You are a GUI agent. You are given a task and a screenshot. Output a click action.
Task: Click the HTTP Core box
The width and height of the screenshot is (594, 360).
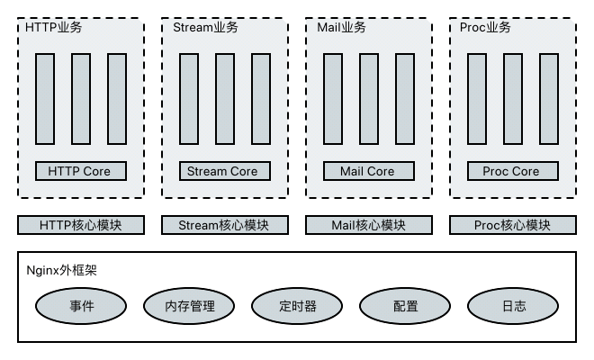coord(81,171)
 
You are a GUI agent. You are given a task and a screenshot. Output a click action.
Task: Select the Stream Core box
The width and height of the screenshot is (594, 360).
coord(225,171)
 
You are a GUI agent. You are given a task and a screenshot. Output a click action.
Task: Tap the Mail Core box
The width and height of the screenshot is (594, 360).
coord(369,171)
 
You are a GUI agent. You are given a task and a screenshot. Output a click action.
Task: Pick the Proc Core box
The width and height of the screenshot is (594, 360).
coord(513,171)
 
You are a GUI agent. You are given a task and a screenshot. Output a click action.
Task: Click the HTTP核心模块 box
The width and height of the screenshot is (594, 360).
coord(81,225)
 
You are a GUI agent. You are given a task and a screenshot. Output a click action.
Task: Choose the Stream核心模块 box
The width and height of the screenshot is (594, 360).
coord(225,225)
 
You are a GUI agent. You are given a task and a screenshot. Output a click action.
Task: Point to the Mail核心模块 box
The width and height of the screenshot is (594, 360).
coord(369,225)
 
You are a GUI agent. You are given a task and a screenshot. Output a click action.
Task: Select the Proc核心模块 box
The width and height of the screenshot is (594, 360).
coord(513,225)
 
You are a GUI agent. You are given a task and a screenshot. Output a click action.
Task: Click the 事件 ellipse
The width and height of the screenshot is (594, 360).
coord(81,306)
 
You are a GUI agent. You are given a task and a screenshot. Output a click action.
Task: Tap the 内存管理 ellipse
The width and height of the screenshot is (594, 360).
coord(189,306)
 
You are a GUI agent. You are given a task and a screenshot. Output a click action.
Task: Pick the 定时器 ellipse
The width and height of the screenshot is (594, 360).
coord(297,306)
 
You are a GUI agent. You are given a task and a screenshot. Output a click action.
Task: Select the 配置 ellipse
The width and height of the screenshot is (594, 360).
coord(405,306)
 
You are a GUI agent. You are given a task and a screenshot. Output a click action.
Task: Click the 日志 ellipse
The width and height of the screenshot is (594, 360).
coord(513,306)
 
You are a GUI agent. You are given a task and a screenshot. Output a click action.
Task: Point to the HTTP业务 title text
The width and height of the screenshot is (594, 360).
coord(54,28)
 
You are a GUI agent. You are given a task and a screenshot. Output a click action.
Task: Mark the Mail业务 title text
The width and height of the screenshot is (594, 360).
coord(342,28)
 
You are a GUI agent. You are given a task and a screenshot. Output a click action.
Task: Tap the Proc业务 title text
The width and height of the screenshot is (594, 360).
coord(485,28)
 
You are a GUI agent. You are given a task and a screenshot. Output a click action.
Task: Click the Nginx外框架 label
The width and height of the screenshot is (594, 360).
coord(62,269)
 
